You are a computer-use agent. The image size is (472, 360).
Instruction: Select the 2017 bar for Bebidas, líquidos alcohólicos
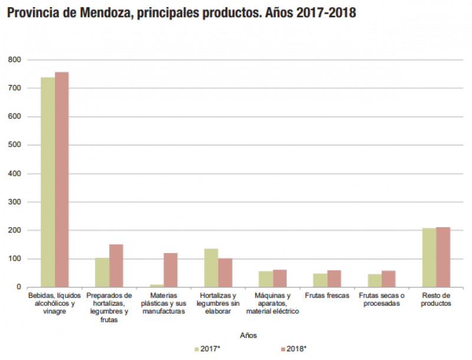point(48,182)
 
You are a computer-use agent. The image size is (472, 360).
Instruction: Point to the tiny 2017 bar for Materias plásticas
point(157,286)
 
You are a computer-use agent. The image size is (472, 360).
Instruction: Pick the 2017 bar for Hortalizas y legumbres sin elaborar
point(211,268)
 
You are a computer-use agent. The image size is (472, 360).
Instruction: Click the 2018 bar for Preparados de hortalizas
point(116,266)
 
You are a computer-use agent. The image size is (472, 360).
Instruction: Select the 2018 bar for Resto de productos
point(443,257)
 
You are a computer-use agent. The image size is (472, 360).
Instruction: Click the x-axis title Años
point(248,335)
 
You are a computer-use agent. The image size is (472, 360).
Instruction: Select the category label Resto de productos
point(437,299)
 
